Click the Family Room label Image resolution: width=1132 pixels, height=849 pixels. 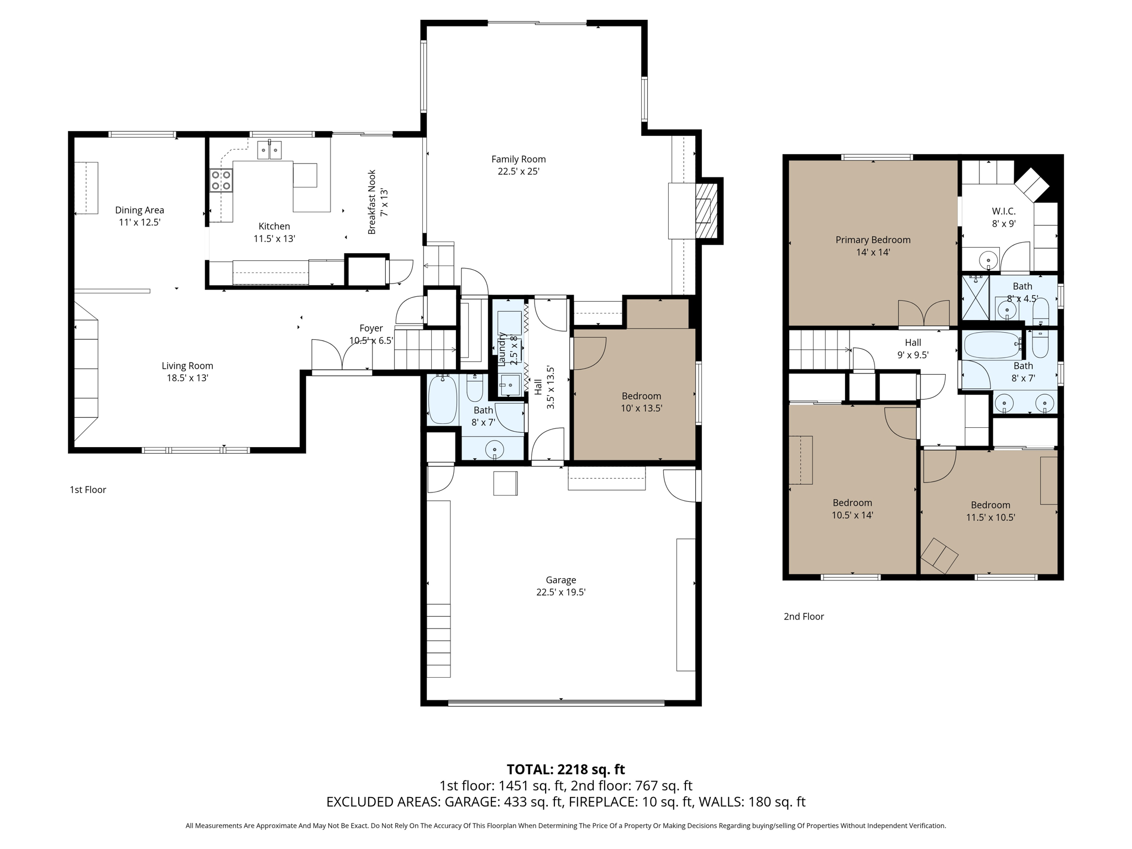(x=518, y=159)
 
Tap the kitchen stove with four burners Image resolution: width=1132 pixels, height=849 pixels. (x=221, y=180)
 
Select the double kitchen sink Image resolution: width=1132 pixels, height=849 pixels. (x=270, y=150)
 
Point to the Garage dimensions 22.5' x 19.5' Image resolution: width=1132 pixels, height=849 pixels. (x=560, y=593)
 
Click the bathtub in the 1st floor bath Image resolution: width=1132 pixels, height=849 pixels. (x=442, y=400)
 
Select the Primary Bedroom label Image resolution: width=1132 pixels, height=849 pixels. (x=872, y=240)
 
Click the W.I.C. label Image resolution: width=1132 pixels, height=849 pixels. (x=1003, y=211)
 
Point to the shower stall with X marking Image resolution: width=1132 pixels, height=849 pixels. (x=975, y=298)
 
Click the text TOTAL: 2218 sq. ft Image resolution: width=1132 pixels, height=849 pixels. (x=565, y=769)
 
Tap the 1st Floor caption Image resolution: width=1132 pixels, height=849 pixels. (x=88, y=490)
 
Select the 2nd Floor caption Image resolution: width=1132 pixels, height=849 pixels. (x=803, y=616)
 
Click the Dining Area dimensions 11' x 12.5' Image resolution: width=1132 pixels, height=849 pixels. (x=139, y=223)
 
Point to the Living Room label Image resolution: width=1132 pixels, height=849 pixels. (x=187, y=366)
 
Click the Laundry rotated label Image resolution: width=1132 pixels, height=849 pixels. (x=502, y=349)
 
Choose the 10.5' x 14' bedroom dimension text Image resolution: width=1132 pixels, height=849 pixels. (x=852, y=515)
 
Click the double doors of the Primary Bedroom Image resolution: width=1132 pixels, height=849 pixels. (x=924, y=313)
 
